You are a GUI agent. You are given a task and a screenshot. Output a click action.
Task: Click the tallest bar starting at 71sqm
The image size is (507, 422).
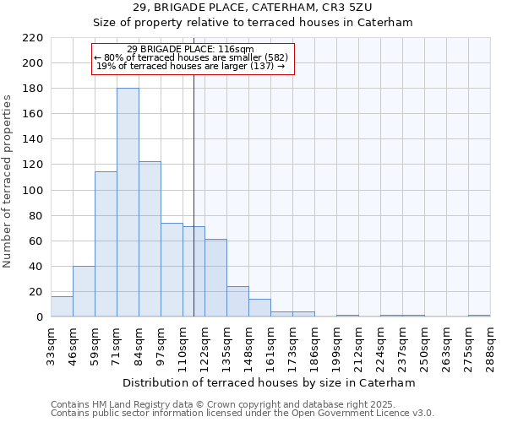tap(128, 203)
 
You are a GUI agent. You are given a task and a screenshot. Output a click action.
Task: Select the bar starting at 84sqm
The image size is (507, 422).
tap(150, 239)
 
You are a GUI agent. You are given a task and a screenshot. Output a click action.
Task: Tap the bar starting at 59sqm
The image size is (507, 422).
tap(106, 244)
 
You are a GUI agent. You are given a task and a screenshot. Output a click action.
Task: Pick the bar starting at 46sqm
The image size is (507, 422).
tap(84, 291)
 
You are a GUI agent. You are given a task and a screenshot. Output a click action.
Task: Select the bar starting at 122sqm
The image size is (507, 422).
tap(215, 278)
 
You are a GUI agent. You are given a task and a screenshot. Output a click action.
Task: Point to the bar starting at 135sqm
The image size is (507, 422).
tap(237, 301)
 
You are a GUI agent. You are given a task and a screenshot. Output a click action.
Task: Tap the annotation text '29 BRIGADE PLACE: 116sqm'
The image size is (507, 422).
tap(190, 50)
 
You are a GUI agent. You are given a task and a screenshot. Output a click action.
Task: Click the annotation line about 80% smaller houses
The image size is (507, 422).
tap(192, 57)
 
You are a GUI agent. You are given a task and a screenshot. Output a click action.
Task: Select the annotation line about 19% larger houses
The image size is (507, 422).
tap(191, 66)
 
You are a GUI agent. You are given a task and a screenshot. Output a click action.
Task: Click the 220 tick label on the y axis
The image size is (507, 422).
tap(35, 38)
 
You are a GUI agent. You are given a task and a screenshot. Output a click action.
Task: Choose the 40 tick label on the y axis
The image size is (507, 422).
tap(37, 267)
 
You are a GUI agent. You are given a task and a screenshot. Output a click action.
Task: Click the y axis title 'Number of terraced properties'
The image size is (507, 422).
tap(8, 181)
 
